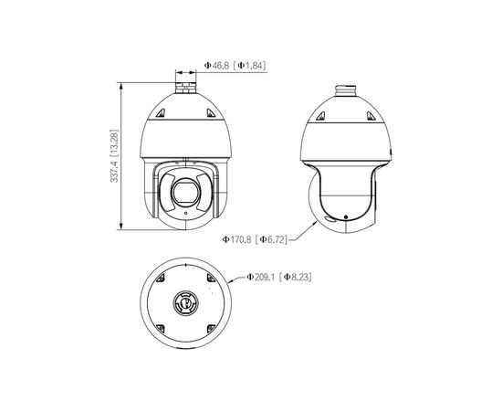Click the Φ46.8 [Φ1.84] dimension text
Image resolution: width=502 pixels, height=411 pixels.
click(235, 66)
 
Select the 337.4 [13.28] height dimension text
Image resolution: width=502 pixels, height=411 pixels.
click(114, 156)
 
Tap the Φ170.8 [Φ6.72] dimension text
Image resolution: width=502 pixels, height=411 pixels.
click(255, 239)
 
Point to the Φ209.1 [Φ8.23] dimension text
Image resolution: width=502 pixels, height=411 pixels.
click(279, 277)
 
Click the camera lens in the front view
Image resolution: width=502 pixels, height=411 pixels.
click(186, 192)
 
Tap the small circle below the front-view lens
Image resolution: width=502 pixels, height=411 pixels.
click(185, 214)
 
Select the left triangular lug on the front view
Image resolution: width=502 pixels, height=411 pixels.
click(161, 112)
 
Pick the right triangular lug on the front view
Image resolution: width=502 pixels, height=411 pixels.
click(211, 112)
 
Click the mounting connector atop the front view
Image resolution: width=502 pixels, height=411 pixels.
click(185, 88)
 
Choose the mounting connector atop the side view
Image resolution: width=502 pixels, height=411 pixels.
click(345, 90)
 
